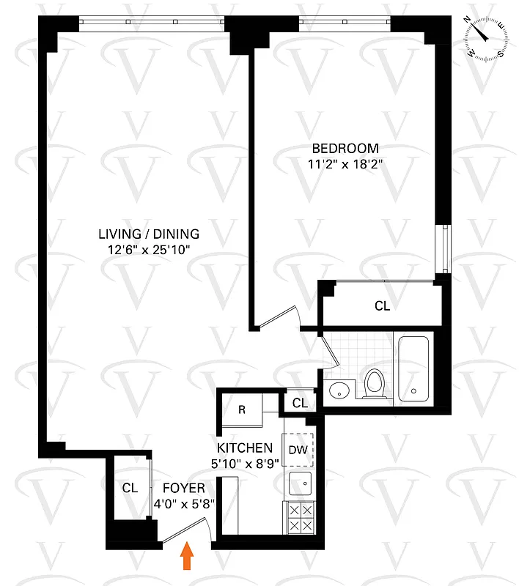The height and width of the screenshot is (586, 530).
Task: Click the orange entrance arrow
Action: point(188,556)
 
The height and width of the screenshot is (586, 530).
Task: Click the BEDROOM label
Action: point(345,148)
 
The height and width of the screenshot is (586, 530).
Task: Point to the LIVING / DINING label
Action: point(149,234)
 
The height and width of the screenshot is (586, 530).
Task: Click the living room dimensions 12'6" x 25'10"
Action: point(149,251)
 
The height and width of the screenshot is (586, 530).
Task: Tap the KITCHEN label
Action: point(245,448)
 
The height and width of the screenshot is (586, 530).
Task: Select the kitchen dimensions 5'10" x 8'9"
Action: point(245,463)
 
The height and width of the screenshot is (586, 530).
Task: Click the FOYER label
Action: point(184,488)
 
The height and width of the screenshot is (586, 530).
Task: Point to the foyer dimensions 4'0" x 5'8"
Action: point(184,503)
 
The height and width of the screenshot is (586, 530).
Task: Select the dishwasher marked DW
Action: point(298,450)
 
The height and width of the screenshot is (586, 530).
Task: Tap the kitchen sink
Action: point(299,484)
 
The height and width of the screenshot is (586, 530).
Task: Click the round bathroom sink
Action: point(339,389)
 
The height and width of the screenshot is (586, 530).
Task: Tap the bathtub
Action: point(414,370)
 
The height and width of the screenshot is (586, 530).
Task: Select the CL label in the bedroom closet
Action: point(382,306)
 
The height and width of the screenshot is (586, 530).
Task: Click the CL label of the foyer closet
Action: point(130,488)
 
